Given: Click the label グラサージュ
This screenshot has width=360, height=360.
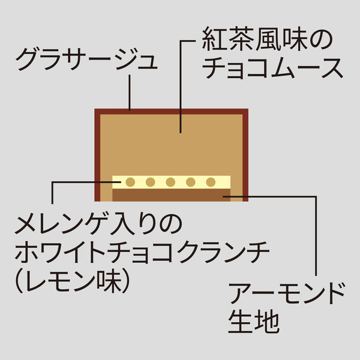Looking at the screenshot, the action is click(x=86, y=59).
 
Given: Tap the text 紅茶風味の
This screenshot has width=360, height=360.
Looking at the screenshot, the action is click(x=268, y=40).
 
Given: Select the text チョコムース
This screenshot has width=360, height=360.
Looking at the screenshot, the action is click(x=272, y=68).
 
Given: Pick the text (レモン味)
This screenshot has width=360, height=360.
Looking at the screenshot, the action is click(x=73, y=280).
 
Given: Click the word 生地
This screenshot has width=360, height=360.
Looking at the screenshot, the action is click(x=254, y=321).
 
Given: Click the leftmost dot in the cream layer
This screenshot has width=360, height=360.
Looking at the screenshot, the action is click(x=130, y=182).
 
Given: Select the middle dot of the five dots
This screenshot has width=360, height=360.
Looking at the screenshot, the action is click(x=170, y=182).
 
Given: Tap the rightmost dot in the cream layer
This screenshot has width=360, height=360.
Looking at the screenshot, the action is click(x=211, y=182).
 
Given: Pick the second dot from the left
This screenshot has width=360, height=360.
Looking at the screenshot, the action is click(x=151, y=182).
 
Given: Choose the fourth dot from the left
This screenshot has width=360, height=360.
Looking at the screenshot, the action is click(x=191, y=182).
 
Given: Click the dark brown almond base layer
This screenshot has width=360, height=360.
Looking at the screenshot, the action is click(x=171, y=195).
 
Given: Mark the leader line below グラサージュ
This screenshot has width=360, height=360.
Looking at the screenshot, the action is click(x=130, y=92).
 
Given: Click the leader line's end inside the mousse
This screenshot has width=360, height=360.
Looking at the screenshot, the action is click(x=181, y=133).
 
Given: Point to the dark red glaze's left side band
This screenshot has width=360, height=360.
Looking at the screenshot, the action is click(x=97, y=155).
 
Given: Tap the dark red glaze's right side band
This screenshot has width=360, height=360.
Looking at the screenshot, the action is click(x=245, y=155).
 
